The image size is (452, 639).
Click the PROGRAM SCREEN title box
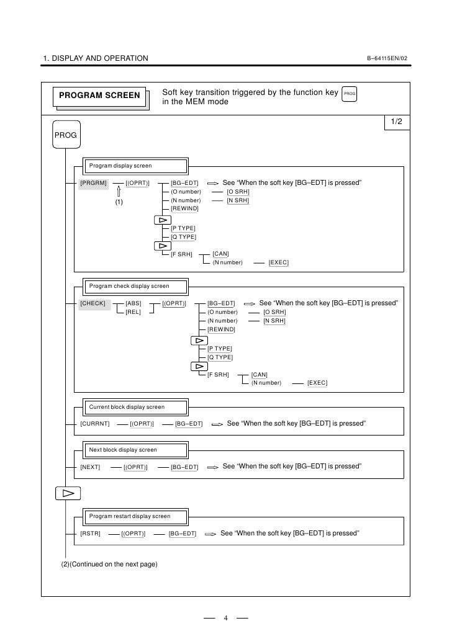coord(99,96)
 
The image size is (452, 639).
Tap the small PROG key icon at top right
coord(350,94)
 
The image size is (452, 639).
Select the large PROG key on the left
coord(65,135)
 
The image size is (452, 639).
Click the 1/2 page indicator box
coord(396,122)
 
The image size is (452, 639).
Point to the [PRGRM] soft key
coord(94,183)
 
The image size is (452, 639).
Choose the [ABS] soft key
coord(133,303)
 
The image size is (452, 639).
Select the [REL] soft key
coord(133,312)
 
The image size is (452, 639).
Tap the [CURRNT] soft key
coord(95,424)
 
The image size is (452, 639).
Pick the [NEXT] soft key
coord(90,467)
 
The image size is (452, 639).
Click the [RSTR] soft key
coord(90,534)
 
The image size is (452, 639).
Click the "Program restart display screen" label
coord(130,516)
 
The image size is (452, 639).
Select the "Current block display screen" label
coord(127,407)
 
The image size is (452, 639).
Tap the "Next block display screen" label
coord(123,450)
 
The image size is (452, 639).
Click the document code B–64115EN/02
coord(387,59)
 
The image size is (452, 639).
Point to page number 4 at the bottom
coord(226,618)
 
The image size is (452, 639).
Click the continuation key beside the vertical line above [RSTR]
coord(68,494)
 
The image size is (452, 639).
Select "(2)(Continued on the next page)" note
coord(109,564)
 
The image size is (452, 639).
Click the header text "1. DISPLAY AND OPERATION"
coord(96,59)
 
